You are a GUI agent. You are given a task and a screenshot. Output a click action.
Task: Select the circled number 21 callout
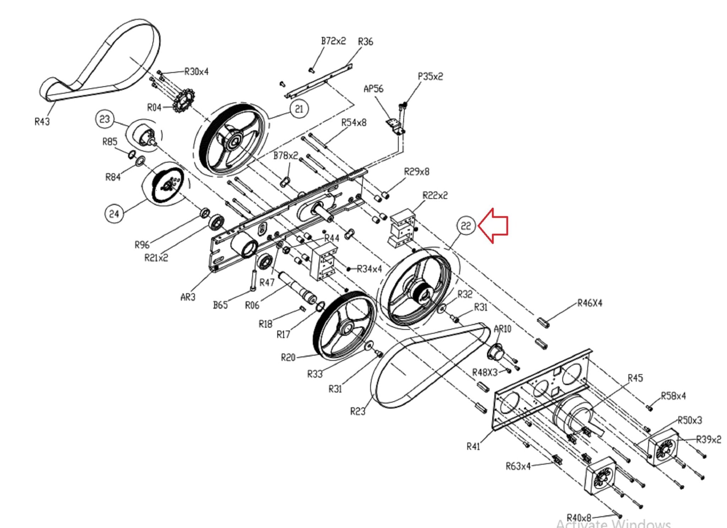(x=299, y=109)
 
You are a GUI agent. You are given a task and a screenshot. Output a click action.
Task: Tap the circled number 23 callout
(x=105, y=119)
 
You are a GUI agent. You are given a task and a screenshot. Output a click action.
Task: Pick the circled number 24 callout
(x=114, y=214)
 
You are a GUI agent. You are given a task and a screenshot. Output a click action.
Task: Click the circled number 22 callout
(x=466, y=225)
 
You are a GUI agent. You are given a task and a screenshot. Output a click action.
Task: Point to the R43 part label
(x=42, y=122)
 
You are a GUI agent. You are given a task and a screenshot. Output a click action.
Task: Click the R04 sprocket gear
(x=183, y=101)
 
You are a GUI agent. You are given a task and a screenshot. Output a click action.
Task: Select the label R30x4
(x=196, y=72)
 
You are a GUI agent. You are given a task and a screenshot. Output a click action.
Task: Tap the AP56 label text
(x=373, y=89)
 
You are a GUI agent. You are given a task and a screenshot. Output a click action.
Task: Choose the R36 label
(x=365, y=42)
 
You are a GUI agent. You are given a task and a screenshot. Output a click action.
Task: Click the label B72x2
(x=333, y=41)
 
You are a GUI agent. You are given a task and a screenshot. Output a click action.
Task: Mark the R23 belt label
(x=357, y=411)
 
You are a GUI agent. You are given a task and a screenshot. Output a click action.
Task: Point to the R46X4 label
(x=590, y=303)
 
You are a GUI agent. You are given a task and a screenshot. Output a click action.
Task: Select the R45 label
(x=635, y=378)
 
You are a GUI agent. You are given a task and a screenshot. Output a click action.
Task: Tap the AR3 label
(x=188, y=297)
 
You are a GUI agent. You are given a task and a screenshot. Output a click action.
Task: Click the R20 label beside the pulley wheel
(x=288, y=357)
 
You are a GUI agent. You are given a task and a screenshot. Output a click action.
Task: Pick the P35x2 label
(x=430, y=76)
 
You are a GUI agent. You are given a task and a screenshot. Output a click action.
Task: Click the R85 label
(x=110, y=142)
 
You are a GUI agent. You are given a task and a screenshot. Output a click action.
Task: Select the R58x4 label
(x=673, y=396)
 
